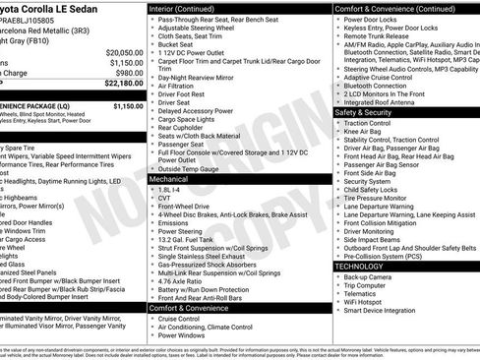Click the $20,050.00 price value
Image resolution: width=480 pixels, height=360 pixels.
(x=123, y=51)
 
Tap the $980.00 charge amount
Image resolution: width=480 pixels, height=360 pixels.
(x=128, y=73)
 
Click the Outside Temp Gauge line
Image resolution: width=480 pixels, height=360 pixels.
(x=190, y=168)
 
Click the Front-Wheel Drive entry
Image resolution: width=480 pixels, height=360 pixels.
(x=186, y=209)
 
